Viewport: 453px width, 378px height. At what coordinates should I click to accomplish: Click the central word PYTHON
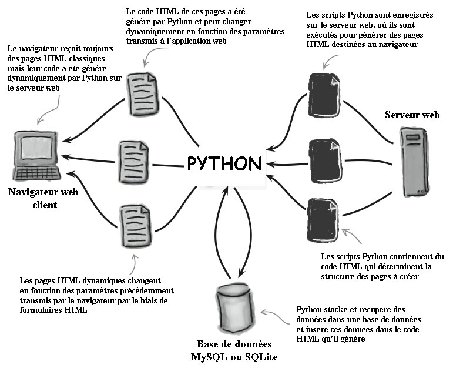[x=224, y=163]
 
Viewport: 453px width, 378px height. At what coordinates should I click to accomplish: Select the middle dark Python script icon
[x=324, y=160]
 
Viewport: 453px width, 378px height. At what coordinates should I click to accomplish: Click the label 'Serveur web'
[x=412, y=115]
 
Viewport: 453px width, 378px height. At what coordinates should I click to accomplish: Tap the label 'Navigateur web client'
[x=44, y=198]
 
